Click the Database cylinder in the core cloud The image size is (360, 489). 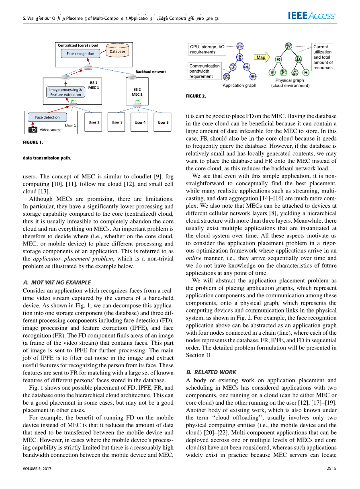[117, 51]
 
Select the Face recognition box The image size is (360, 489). [80, 53]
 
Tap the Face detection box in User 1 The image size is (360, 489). [47, 117]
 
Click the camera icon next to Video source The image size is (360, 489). [33, 129]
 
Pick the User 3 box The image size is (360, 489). [117, 122]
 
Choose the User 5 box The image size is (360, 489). [163, 122]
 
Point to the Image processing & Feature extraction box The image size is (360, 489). [65, 92]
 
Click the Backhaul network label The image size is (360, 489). [151, 72]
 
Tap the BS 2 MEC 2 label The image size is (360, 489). [137, 92]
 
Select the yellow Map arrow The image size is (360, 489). [262, 57]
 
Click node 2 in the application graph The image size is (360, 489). [239, 57]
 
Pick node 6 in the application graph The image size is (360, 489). [252, 76]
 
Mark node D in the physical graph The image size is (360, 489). [298, 59]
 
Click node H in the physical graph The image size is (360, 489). [306, 73]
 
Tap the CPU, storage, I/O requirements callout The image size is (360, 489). [207, 49]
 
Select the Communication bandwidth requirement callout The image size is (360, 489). [205, 71]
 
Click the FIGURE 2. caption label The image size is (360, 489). [196, 96]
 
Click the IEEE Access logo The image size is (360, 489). [312, 16]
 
